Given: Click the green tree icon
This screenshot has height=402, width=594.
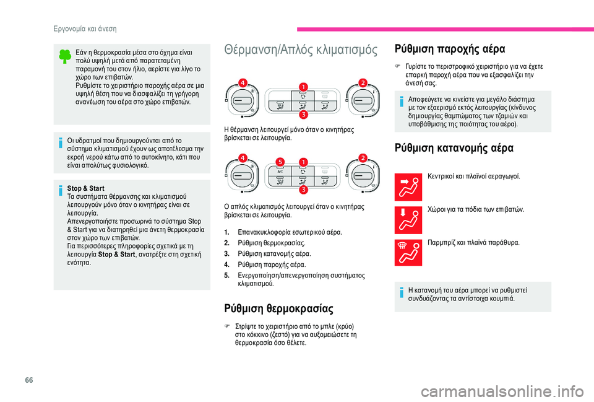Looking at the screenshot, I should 64,56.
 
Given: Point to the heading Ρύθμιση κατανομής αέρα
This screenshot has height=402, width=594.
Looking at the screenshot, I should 453,149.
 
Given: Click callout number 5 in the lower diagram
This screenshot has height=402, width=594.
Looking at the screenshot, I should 280,162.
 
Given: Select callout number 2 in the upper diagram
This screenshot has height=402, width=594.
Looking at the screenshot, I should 363,82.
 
